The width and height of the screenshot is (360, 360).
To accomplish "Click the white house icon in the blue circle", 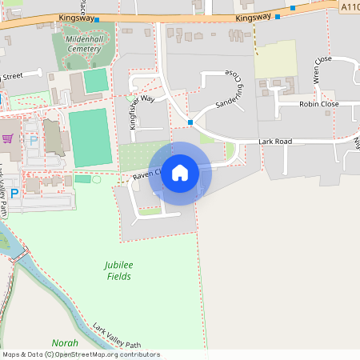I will (x=180, y=173).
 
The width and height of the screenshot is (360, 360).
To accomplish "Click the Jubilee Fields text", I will (x=118, y=270).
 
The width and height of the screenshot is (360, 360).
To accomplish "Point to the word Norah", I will (x=65, y=342).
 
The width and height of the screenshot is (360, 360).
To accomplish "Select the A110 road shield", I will (x=349, y=6).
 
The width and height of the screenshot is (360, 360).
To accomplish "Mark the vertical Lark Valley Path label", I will (x=4, y=192).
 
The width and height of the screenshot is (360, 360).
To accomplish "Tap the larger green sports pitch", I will (x=89, y=138).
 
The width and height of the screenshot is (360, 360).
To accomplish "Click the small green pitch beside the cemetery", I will (x=95, y=81).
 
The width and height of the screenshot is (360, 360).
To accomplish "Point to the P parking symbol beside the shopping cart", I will (x=33, y=140).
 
